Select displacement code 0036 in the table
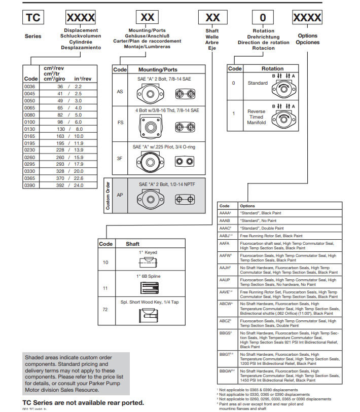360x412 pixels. [30, 87]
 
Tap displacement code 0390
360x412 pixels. [30, 185]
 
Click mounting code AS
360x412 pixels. [120, 92]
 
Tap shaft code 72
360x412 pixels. [105, 309]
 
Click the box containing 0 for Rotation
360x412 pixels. [262, 18]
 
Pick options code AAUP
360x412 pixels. [225, 280]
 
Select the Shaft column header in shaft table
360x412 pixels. [133, 244]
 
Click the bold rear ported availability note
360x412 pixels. [83, 402]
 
